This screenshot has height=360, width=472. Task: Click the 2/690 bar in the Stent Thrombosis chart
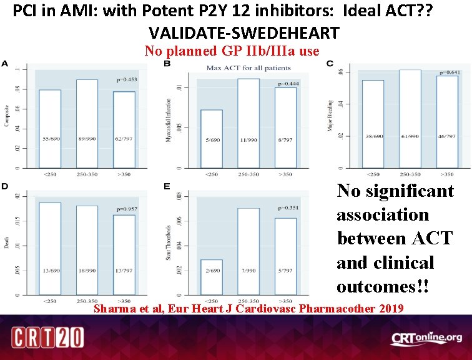click(x=211, y=277)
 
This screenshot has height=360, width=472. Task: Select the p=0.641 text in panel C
click(x=449, y=72)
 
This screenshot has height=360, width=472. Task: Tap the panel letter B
click(x=167, y=64)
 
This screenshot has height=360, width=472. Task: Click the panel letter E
click(x=167, y=186)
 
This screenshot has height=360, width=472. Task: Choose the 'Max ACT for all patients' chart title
click(x=242, y=67)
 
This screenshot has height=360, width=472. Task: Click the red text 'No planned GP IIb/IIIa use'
click(x=232, y=51)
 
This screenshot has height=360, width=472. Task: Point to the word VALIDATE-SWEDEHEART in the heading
click(x=243, y=32)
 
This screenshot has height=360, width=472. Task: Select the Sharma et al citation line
click(x=248, y=308)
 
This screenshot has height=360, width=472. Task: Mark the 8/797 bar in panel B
click(x=285, y=127)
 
